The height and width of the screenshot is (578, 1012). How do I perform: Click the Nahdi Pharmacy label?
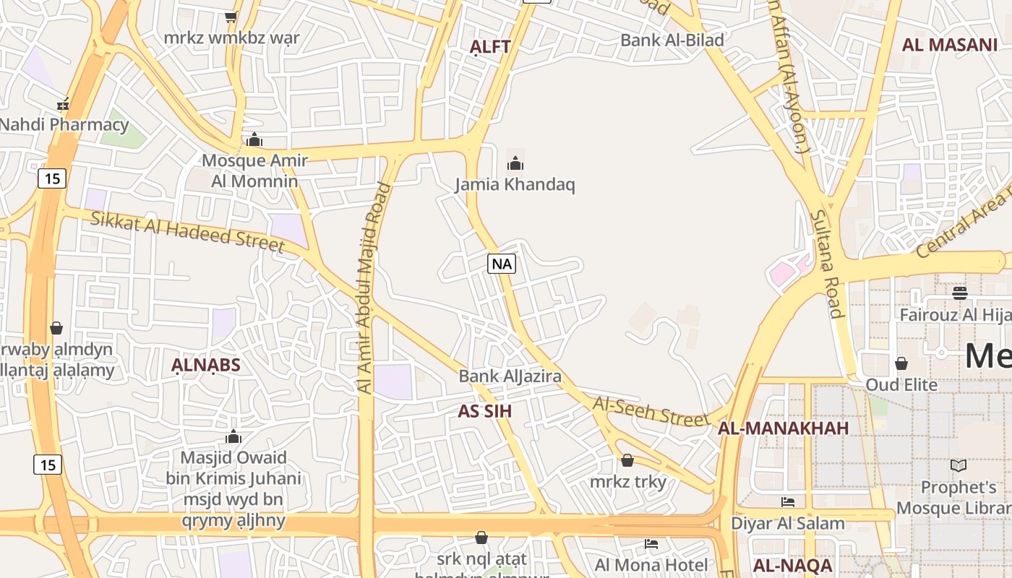coord(64,124)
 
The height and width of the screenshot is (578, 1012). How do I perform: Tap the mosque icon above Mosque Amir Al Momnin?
coord(254,139)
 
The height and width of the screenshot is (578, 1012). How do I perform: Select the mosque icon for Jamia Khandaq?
coord(515,163)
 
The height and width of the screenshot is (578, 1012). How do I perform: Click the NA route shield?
coord(501,264)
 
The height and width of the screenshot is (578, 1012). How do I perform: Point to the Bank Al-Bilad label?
coord(672,40)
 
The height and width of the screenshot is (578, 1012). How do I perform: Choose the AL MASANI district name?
coord(949,45)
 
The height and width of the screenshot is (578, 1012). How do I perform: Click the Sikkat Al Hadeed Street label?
coord(187,230)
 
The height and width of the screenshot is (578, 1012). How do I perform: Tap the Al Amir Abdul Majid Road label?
coord(374,288)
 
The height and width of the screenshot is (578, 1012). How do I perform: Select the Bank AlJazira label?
coord(510,376)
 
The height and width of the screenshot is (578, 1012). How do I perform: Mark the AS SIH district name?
coord(484,411)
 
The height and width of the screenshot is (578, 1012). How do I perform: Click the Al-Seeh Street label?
coord(651,410)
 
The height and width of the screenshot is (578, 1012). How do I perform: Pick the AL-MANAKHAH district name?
coord(783,428)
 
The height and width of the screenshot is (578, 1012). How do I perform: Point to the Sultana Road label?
coord(827,264)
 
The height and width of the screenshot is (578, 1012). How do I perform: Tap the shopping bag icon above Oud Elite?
coord(901,363)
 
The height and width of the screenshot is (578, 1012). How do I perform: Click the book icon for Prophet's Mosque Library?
coord(959,466)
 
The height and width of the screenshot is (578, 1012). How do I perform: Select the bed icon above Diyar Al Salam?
coord(788,502)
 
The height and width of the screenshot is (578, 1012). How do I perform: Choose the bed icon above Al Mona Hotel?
coord(651,543)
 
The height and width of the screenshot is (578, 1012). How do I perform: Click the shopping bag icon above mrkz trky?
coord(627,460)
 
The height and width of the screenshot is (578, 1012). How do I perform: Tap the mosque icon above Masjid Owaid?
coord(233,436)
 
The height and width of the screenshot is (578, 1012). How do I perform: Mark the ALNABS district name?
coord(205,365)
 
